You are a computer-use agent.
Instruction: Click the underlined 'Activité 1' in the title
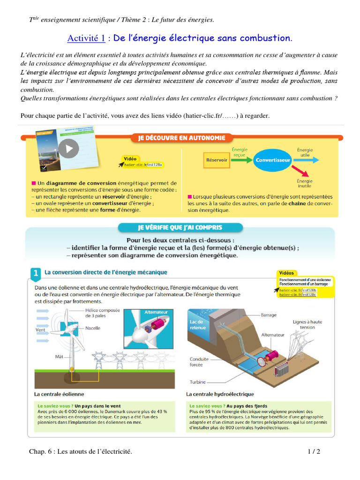[86, 38]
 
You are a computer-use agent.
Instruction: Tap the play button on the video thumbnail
[69, 149]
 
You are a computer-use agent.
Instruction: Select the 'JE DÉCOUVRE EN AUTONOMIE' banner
[181, 138]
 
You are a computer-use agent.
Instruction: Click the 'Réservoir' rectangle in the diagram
[217, 160]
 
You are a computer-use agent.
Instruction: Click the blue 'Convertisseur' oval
[273, 160]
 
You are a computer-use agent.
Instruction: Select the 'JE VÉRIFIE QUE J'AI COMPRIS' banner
[180, 228]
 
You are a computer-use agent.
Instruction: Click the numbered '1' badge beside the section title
[36, 273]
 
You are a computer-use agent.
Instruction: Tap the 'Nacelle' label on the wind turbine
[93, 328]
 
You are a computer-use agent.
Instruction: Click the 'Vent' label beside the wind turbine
[40, 330]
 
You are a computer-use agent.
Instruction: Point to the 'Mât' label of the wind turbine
[59, 356]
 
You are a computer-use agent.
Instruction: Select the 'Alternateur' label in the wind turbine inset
[156, 312]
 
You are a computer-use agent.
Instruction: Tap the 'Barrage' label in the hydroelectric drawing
[269, 315]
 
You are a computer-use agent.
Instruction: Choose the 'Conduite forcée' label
[200, 362]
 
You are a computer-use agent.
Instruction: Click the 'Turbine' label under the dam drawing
[198, 382]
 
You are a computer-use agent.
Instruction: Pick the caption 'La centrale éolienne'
[60, 394]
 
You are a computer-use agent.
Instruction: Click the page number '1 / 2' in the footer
[314, 452]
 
